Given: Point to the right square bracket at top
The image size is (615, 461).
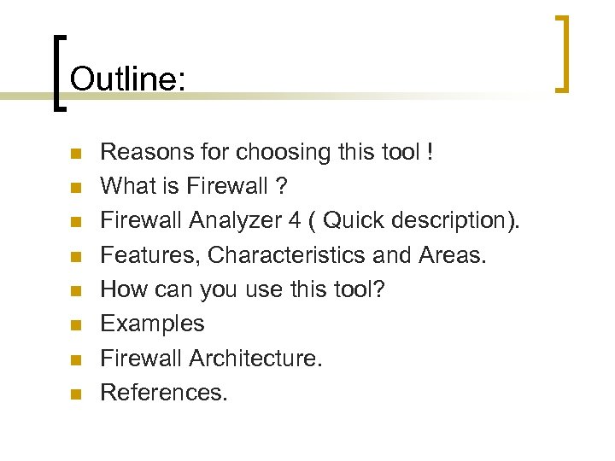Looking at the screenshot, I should pyautogui.click(x=561, y=53).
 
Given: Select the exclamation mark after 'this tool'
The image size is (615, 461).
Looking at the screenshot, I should pyautogui.click(x=430, y=153).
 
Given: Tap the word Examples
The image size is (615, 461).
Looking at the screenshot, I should pyautogui.click(x=152, y=324).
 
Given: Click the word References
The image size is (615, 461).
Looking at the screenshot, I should pyautogui.click(x=164, y=392).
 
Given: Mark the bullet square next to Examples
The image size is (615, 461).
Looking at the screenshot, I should pyautogui.click(x=76, y=325).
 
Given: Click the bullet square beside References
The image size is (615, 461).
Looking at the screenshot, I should pyautogui.click(x=76, y=394).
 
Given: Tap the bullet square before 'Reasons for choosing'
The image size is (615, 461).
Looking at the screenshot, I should pyautogui.click(x=76, y=155).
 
